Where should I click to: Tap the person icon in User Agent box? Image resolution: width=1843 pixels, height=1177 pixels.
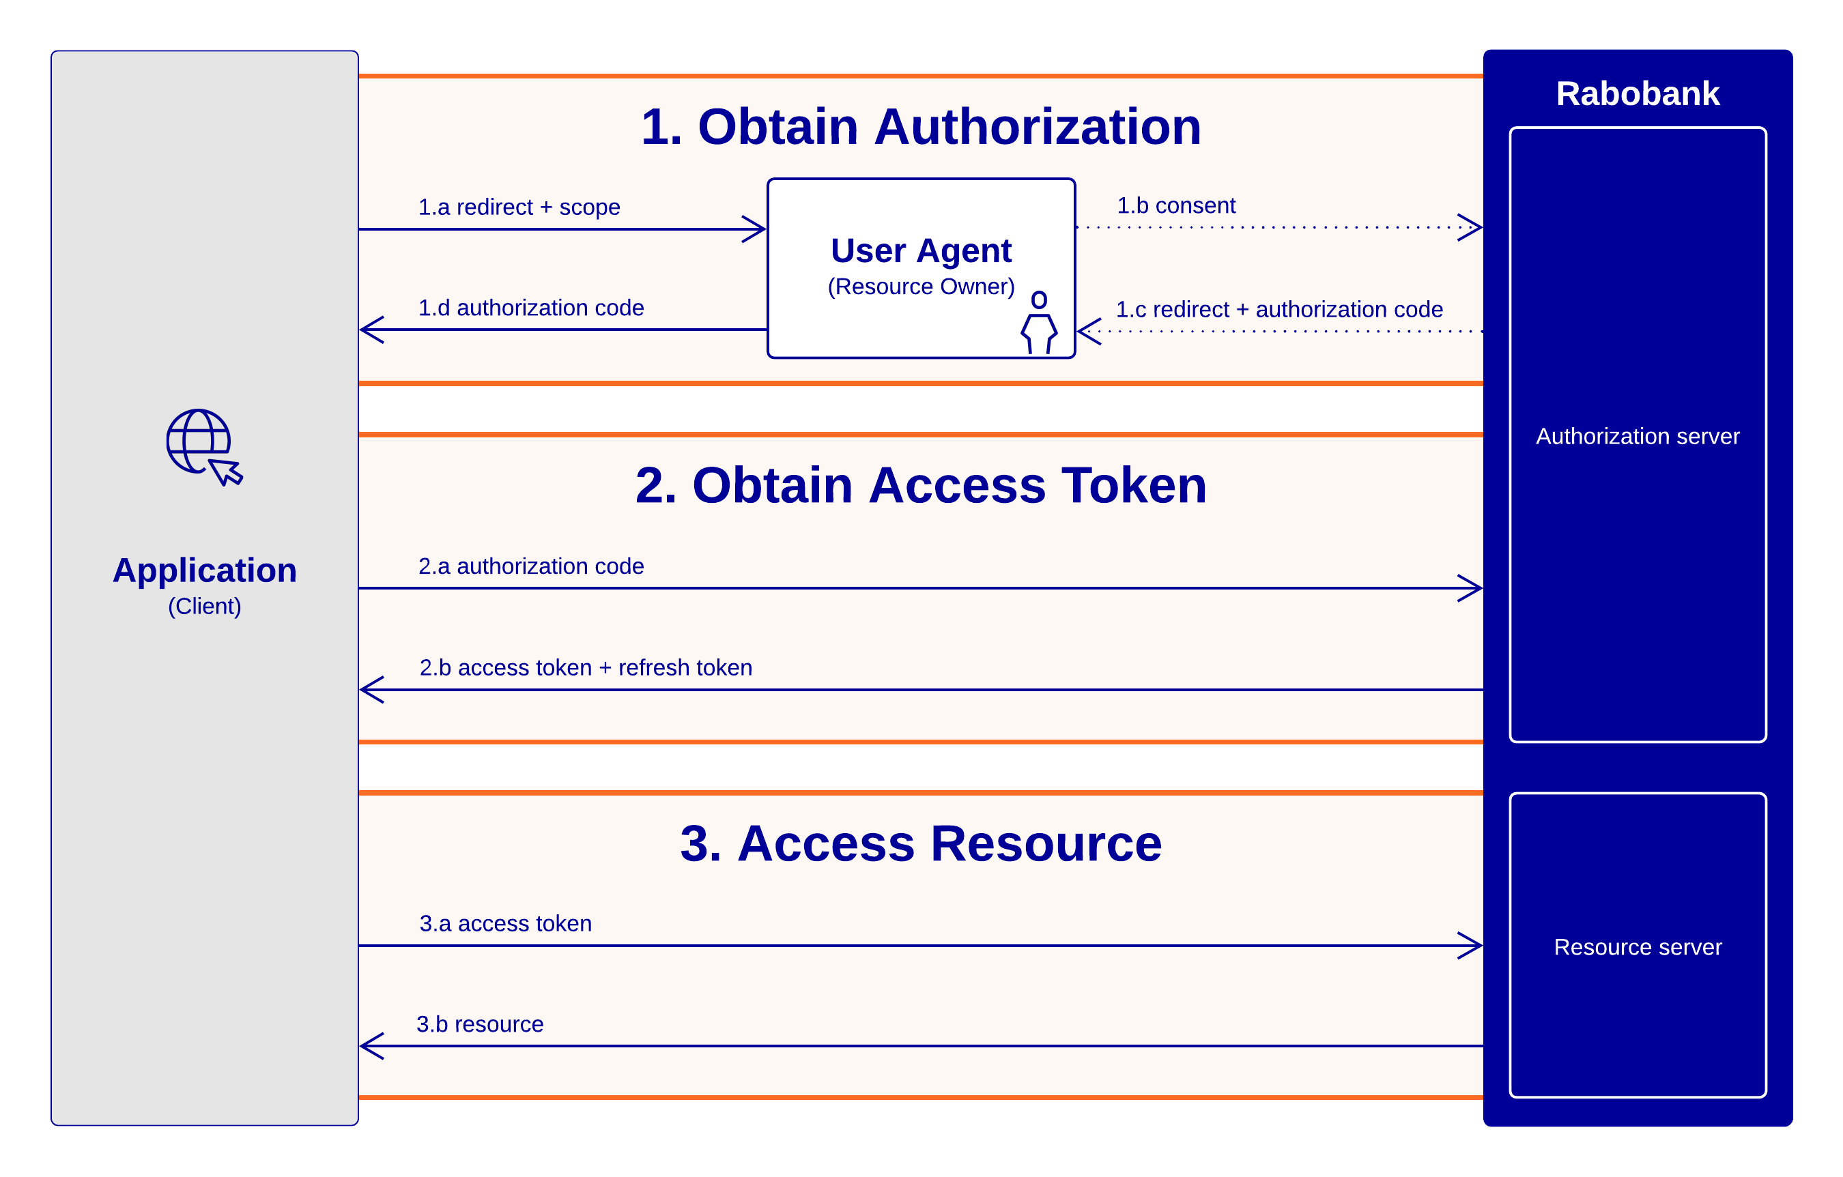tap(1039, 322)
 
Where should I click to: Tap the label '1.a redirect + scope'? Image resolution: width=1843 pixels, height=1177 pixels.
tap(519, 207)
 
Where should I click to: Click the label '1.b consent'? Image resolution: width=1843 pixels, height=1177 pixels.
tap(1175, 205)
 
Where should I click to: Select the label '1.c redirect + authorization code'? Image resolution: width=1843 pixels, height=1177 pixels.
tap(1279, 309)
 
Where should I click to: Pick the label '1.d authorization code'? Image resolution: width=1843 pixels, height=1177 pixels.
tap(530, 308)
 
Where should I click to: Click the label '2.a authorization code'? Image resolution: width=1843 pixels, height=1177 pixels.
tap(530, 566)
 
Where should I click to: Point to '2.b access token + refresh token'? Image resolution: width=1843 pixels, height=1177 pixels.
tap(586, 667)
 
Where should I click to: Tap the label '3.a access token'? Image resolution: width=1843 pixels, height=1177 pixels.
tap(505, 923)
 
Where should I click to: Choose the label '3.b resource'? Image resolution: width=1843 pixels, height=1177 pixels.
tap(480, 1024)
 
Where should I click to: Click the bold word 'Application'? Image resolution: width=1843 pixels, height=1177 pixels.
tap(204, 570)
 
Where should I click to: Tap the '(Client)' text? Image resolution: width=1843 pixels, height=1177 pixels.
tap(204, 606)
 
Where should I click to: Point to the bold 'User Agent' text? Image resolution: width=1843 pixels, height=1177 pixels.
tap(921, 250)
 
